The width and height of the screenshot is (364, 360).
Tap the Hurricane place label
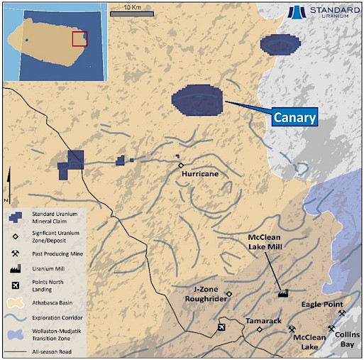(199, 173)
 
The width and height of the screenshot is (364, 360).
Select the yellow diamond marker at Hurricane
(181, 165)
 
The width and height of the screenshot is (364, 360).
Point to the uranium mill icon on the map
(282, 292)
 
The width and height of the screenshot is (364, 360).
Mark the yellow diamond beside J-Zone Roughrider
(229, 294)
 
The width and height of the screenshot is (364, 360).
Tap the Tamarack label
(263, 321)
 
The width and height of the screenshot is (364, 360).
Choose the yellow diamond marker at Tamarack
(260, 329)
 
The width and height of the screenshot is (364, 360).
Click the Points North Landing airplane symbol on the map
(222, 327)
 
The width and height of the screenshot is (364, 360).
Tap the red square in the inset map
(79, 38)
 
